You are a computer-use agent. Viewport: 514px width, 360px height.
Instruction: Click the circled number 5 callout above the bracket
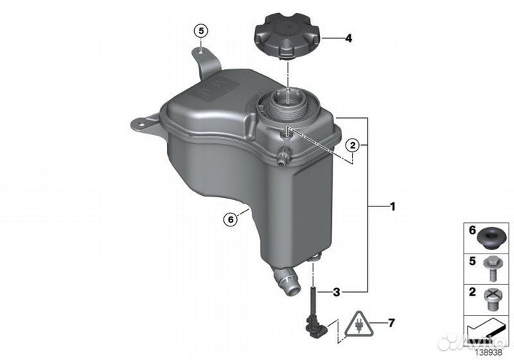[201, 31]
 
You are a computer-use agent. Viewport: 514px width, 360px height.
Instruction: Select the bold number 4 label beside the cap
[348, 39]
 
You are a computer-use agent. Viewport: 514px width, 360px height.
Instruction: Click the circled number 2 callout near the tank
[353, 144]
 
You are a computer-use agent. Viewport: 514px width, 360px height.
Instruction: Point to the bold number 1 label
[393, 206]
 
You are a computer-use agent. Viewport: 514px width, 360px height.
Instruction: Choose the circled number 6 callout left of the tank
[231, 219]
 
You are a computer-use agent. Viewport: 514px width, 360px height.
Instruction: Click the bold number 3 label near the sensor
[336, 292]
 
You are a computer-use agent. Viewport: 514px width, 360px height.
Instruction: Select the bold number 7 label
[391, 324]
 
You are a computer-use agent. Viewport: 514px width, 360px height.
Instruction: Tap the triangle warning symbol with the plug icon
[359, 324]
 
